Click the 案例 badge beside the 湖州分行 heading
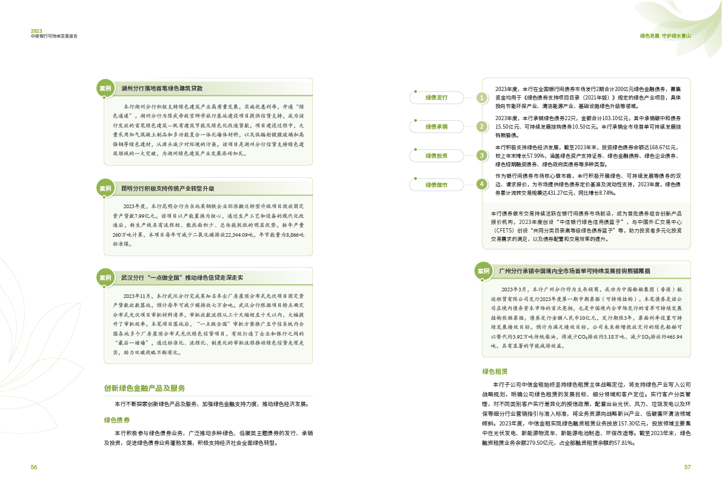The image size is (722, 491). [105, 89]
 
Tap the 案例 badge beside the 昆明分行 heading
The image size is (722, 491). [105, 189]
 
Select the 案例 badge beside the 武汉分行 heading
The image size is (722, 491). [105, 277]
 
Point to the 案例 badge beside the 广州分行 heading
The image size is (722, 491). [483, 271]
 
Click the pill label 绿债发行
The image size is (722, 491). [436, 98]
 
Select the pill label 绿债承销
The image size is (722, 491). [436, 126]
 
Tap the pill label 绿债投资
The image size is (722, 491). [436, 155]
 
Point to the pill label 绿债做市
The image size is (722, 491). [436, 184]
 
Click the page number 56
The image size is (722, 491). [35, 467]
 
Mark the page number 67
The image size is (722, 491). [687, 467]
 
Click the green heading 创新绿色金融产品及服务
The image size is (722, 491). [144, 388]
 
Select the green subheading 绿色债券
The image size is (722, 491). [118, 419]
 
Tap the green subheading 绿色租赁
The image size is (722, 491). [494, 370]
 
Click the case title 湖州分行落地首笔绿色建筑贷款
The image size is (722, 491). [162, 89]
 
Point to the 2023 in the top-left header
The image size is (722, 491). [37, 30]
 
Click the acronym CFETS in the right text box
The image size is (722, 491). [504, 231]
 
